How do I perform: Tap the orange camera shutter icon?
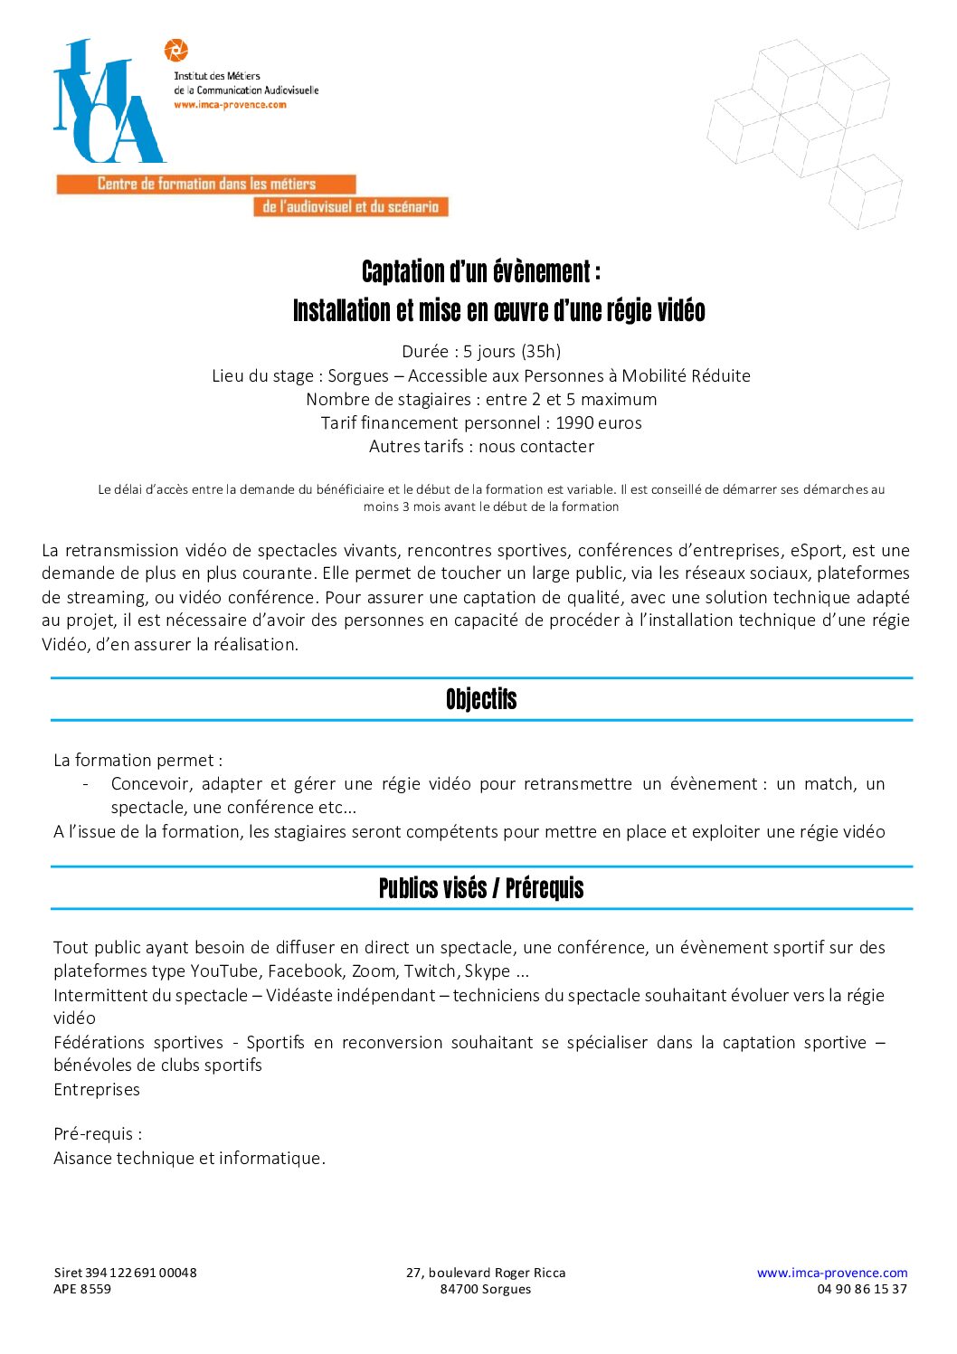176,51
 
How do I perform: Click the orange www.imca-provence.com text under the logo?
230,105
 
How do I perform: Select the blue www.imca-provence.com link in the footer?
831,1273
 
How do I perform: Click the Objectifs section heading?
481,699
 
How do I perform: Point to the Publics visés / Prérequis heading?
481,888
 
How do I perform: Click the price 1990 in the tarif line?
574,422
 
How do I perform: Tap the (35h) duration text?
541,351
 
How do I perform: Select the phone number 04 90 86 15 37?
861,1289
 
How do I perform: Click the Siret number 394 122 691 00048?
140,1273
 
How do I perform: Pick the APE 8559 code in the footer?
82,1289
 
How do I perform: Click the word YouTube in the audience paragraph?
223,971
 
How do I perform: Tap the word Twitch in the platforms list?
430,971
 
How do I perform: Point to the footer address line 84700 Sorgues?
486,1289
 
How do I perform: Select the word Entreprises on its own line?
97,1090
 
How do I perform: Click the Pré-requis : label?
98,1134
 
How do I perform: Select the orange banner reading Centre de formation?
206,184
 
